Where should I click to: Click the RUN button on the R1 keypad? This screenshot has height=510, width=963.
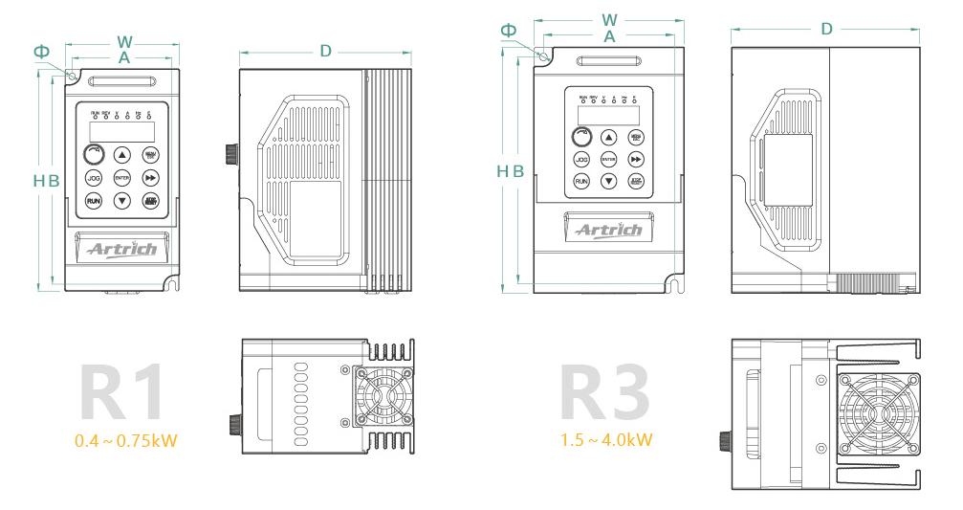[x=94, y=201]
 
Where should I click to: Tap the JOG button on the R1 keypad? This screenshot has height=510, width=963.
[x=94, y=178]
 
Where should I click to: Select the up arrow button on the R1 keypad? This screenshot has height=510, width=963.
[x=121, y=154]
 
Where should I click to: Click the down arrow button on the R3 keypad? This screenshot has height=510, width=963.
[x=608, y=181]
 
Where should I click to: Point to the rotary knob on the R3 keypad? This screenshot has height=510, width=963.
[x=581, y=136]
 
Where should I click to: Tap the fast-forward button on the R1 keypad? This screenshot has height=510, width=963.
[x=150, y=178]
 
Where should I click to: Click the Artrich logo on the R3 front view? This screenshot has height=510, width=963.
[x=608, y=231]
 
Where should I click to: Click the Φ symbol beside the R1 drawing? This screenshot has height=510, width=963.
[x=41, y=51]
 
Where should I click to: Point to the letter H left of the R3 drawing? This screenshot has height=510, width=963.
[x=502, y=171]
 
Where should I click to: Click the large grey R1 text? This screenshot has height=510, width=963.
[x=122, y=392]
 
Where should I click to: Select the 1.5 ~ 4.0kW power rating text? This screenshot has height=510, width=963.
[x=607, y=440]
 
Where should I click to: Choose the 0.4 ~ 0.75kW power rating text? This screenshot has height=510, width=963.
[x=126, y=440]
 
